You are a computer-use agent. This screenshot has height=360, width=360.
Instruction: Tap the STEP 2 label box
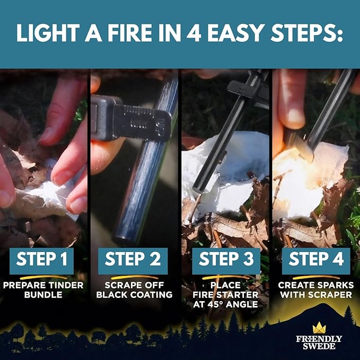point(133,260)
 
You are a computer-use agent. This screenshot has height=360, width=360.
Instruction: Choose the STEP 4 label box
point(316,260)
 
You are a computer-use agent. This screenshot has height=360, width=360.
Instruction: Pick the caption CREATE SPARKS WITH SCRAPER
point(316,289)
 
